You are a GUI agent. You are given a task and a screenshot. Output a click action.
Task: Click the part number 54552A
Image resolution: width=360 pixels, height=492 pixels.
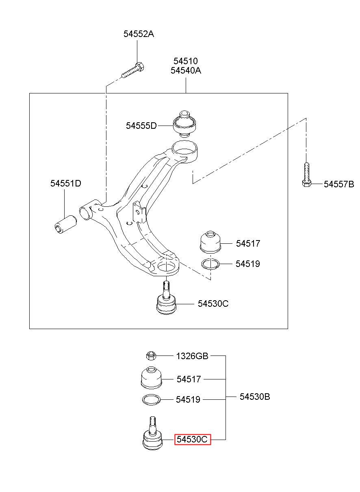click(x=139, y=34)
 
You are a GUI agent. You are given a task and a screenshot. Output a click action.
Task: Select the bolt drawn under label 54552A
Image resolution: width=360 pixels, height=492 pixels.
click(x=133, y=70)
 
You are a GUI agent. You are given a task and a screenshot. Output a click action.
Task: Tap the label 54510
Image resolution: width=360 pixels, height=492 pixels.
click(x=186, y=61)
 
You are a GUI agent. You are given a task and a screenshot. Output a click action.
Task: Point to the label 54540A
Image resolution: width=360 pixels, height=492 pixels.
click(x=186, y=71)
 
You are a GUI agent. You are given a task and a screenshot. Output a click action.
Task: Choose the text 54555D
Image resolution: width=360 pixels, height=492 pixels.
click(x=141, y=126)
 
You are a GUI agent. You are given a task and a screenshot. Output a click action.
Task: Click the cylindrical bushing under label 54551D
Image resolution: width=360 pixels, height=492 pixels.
click(x=65, y=224)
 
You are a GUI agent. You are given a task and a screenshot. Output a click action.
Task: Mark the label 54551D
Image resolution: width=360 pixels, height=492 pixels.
click(x=66, y=183)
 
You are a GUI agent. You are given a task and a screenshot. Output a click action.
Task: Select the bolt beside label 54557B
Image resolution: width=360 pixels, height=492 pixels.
click(x=307, y=175)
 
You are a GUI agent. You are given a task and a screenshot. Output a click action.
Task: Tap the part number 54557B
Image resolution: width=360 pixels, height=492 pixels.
click(x=339, y=184)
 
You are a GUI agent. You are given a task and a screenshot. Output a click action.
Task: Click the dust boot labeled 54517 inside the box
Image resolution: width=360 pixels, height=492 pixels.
click(x=210, y=241)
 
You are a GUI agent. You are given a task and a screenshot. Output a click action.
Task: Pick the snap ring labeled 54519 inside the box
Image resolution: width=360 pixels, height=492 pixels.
click(x=210, y=264)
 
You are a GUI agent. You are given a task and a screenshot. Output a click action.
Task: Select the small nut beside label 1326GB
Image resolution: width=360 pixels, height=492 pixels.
click(x=151, y=355)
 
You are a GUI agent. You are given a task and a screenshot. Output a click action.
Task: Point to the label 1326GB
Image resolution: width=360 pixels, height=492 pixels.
click(x=192, y=356)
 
